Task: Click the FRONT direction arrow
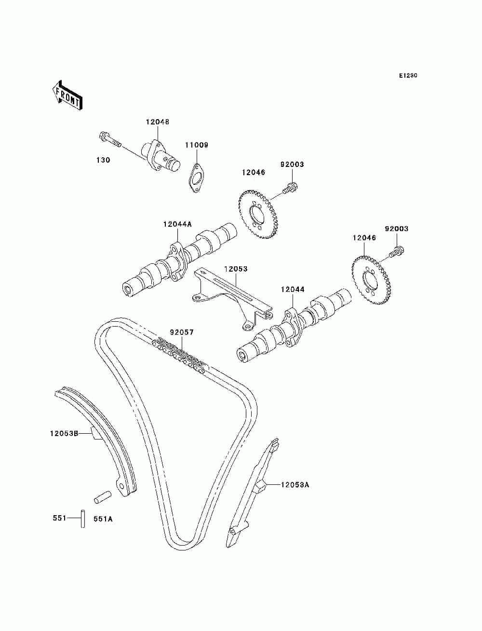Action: click(x=67, y=96)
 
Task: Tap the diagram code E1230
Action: click(x=408, y=76)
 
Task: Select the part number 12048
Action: click(x=158, y=122)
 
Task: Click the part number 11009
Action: click(x=197, y=145)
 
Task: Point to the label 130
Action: click(x=103, y=160)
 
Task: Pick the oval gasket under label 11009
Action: click(x=197, y=178)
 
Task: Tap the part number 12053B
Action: click(x=64, y=441)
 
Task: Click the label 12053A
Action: click(x=295, y=485)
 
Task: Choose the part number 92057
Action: click(x=182, y=332)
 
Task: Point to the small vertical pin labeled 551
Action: click(x=83, y=519)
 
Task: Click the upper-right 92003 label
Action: click(x=396, y=229)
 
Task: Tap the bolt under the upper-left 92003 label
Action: click(x=290, y=188)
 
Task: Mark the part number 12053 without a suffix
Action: click(x=236, y=269)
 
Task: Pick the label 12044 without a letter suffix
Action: click(x=293, y=289)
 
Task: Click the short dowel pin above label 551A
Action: click(x=103, y=497)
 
